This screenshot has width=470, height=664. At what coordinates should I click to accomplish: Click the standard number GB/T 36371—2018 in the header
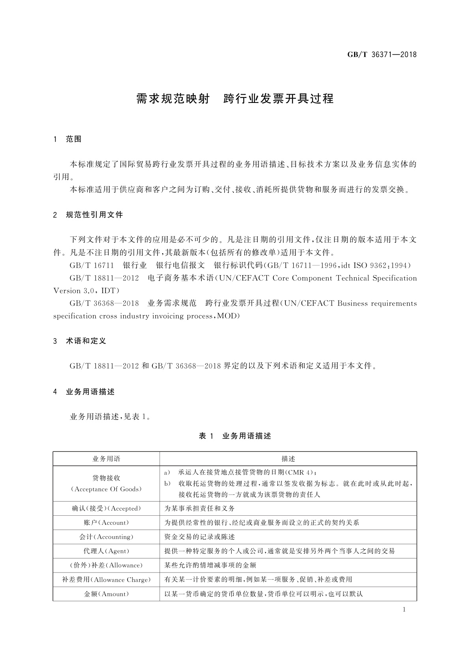[x=382, y=54]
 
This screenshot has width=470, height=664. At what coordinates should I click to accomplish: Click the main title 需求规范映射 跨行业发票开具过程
[x=235, y=99]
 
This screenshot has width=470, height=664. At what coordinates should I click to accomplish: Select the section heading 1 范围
[x=67, y=139]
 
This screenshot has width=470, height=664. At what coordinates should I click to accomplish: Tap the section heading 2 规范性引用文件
[x=88, y=215]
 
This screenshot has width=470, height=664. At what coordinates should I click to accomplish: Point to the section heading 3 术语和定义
[x=80, y=341]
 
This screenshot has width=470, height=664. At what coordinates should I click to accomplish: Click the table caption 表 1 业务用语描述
[x=235, y=436]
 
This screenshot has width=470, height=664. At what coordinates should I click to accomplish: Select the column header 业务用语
[x=106, y=459]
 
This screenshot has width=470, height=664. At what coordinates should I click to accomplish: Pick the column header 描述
[x=288, y=459]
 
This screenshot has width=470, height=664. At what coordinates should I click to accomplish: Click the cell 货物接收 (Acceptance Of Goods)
[x=106, y=483]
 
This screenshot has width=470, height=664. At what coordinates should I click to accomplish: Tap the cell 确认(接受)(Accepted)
[x=106, y=508]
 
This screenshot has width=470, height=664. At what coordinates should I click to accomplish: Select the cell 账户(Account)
[x=106, y=523]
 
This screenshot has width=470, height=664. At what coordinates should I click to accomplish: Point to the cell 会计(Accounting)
[x=106, y=537]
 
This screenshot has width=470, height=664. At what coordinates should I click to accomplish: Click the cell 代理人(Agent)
[x=106, y=551]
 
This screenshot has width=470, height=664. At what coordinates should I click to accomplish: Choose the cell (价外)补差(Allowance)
[x=106, y=565]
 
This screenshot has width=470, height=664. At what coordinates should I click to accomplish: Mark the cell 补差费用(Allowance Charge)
[x=106, y=580]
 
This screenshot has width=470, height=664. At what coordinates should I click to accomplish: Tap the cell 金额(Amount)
[x=106, y=594]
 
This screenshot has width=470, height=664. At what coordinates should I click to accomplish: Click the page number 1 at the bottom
[x=404, y=610]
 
